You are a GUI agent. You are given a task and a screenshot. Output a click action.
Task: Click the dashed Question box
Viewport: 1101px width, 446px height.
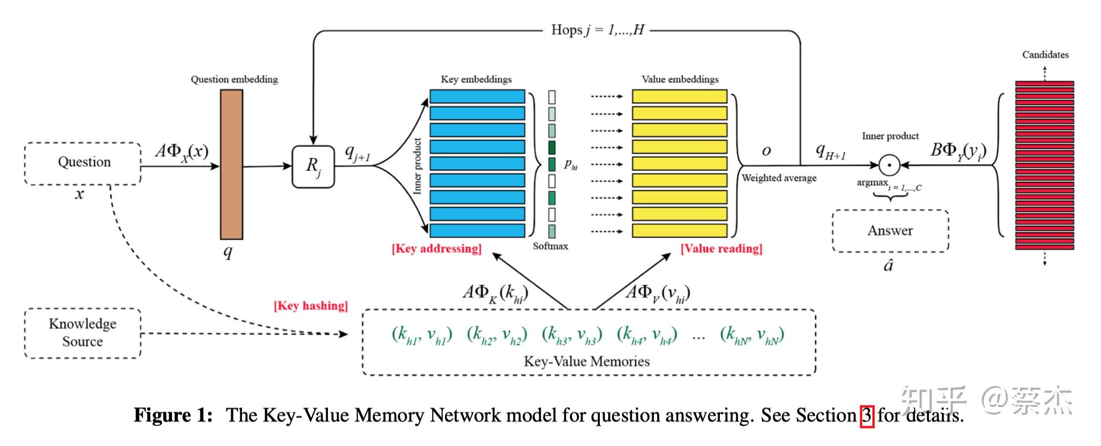83,163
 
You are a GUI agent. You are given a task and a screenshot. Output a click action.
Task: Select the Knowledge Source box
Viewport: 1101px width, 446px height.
83,333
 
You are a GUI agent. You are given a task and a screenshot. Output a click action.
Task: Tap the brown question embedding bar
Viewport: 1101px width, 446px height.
231,164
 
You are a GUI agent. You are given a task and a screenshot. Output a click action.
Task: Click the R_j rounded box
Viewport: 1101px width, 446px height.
314,166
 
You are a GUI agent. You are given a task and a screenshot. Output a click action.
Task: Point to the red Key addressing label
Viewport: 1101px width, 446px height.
437,249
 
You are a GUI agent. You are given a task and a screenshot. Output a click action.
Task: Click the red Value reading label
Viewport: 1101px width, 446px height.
721,249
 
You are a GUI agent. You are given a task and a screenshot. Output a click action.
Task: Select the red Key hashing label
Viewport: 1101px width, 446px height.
311,306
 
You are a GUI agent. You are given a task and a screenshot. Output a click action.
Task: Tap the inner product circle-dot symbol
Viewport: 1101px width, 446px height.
889,165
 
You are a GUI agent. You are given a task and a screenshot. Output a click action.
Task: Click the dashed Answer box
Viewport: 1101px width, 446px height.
890,231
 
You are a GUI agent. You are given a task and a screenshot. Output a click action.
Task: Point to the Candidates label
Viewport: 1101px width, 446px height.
1045,54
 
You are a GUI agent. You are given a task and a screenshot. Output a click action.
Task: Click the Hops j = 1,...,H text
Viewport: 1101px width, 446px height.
597,30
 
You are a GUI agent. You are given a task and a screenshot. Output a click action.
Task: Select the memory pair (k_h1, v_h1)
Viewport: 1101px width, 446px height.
422,335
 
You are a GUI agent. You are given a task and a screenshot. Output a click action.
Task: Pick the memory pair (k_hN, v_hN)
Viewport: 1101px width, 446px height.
752,335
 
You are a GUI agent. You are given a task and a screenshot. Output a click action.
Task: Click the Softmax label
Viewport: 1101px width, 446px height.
550,246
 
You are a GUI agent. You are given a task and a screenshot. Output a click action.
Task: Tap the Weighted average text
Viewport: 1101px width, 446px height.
779,178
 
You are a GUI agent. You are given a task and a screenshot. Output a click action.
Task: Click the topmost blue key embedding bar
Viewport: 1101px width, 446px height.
477,97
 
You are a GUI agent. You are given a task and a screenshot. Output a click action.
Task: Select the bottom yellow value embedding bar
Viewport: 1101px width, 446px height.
679,231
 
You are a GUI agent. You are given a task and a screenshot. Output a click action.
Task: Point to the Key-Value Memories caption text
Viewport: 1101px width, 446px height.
587,362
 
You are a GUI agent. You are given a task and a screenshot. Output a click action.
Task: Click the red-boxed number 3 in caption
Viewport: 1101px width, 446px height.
867,415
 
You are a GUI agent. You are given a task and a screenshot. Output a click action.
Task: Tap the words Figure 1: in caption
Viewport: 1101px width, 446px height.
173,415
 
